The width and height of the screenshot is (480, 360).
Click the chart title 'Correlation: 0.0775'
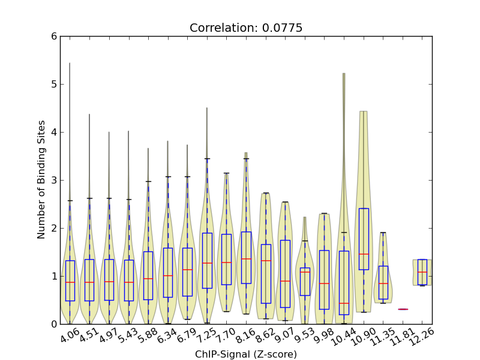point(246,28)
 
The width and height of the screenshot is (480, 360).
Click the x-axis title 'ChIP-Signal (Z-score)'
point(246,354)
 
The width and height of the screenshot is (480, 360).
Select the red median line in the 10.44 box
point(344,303)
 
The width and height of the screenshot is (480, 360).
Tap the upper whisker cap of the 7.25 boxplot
point(207,158)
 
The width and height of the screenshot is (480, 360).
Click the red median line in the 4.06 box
point(70,282)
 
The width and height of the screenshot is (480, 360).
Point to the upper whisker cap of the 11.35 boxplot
point(383,232)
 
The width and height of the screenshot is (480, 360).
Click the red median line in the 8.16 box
point(246,259)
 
